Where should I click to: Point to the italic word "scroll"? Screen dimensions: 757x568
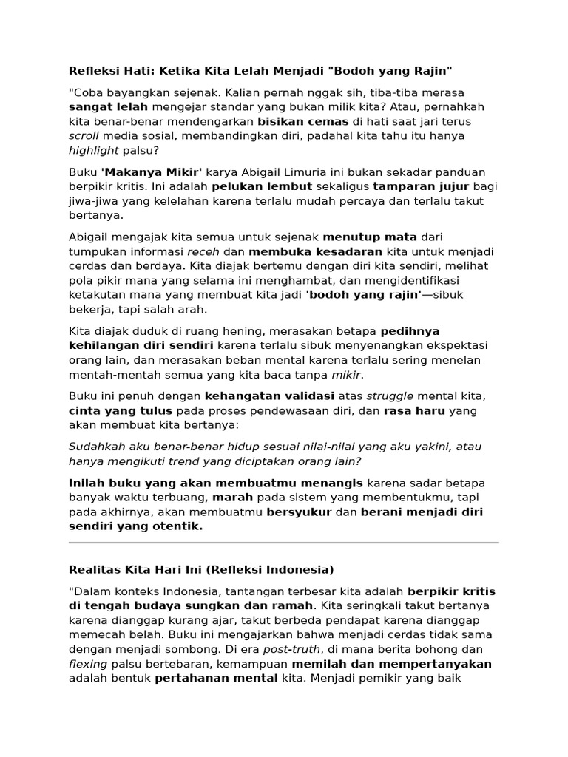coord(84,136)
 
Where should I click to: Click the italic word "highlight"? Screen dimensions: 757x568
coord(94,151)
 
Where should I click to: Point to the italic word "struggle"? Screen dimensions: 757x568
coord(390,396)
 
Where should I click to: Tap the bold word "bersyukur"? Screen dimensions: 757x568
coord(299,512)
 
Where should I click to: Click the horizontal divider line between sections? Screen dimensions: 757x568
coord(284,543)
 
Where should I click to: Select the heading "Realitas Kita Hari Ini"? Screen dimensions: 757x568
coord(136,570)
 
